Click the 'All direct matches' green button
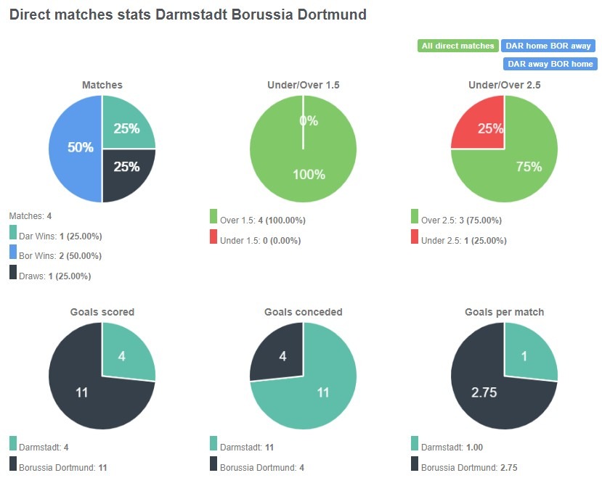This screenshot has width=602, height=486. (x=457, y=46)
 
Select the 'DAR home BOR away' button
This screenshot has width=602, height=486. (x=548, y=46)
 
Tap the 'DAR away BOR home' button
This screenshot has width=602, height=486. (x=550, y=64)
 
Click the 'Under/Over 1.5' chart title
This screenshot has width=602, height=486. (x=303, y=85)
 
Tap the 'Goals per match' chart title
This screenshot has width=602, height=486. (x=504, y=312)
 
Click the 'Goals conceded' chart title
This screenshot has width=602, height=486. (x=303, y=312)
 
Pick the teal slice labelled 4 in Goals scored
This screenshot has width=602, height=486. (x=123, y=355)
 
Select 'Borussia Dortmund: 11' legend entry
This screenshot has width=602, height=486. (x=58, y=468)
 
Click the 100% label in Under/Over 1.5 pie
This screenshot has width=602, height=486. (x=308, y=175)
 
